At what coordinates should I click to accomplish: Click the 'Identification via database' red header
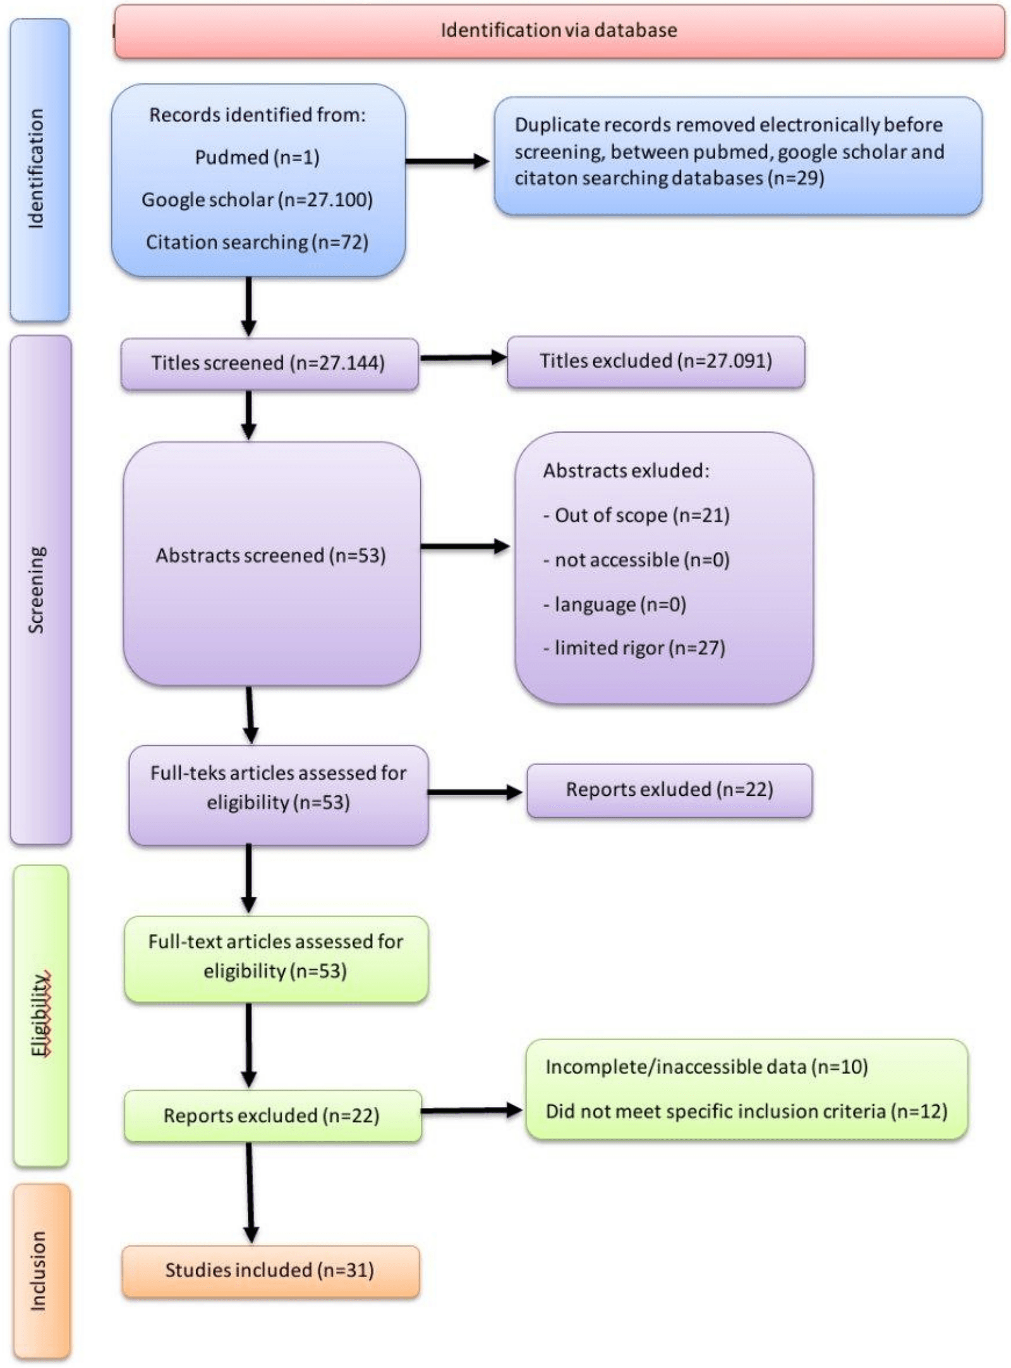559,30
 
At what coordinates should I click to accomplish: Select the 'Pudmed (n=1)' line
257,157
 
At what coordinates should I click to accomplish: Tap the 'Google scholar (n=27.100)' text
257,200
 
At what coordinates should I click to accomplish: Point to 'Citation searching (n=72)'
257,242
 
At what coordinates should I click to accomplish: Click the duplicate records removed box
737,155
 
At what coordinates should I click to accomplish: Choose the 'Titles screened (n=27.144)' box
269,363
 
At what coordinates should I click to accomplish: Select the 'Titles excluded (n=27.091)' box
655,361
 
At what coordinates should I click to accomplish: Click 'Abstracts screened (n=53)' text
270,555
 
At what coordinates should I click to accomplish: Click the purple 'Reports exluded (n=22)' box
669,789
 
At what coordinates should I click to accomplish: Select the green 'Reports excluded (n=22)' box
272,1115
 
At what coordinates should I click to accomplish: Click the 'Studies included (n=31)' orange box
270,1270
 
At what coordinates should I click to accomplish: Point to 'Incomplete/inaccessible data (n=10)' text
706,1067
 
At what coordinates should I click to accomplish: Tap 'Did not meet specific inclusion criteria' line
746,1111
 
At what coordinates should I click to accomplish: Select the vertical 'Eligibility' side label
40,1014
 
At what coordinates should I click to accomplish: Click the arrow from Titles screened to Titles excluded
463,358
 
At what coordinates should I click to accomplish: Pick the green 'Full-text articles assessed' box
275,957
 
